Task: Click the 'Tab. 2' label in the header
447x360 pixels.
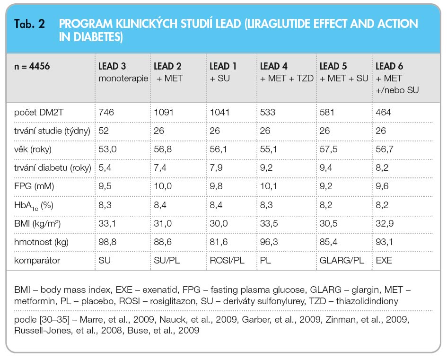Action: click(x=29, y=24)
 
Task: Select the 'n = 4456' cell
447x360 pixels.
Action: click(x=32, y=66)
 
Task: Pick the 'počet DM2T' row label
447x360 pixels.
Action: click(x=38, y=112)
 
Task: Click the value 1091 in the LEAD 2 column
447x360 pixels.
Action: click(x=164, y=112)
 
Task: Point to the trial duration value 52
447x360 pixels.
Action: click(x=104, y=131)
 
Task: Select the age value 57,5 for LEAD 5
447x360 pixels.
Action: click(x=328, y=149)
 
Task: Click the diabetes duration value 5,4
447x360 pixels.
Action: click(x=105, y=167)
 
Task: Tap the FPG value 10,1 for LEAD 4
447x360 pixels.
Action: click(x=268, y=186)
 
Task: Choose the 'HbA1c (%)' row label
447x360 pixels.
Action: click(x=34, y=205)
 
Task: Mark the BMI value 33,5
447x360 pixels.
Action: click(x=269, y=223)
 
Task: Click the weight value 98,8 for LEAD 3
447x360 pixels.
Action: click(x=107, y=242)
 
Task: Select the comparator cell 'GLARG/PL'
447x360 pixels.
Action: click(x=342, y=261)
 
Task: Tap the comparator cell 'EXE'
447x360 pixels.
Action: click(x=384, y=261)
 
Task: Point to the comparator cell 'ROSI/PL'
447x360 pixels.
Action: click(x=227, y=261)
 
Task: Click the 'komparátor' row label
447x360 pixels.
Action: click(x=37, y=261)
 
